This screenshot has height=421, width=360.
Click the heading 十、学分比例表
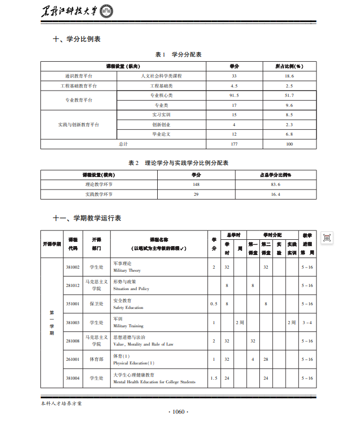(77, 39)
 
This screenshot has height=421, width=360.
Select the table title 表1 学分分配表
(179, 54)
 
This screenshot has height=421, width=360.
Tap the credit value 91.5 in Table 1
(234, 95)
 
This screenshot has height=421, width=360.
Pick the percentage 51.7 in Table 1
(289, 95)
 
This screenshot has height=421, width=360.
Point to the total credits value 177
(234, 143)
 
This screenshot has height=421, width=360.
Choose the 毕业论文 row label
(161, 134)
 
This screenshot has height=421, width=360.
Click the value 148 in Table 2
(196, 184)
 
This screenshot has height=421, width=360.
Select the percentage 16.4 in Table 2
(276, 194)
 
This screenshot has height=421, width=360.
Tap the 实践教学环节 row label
(99, 194)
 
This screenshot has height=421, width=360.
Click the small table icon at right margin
(326, 238)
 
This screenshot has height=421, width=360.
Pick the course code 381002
(73, 267)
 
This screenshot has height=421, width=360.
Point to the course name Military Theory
(127, 271)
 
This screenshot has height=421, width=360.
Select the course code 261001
(73, 359)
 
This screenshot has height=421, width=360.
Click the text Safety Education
(128, 308)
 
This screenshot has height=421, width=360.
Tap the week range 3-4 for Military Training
(307, 323)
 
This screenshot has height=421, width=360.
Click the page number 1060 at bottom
(179, 412)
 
